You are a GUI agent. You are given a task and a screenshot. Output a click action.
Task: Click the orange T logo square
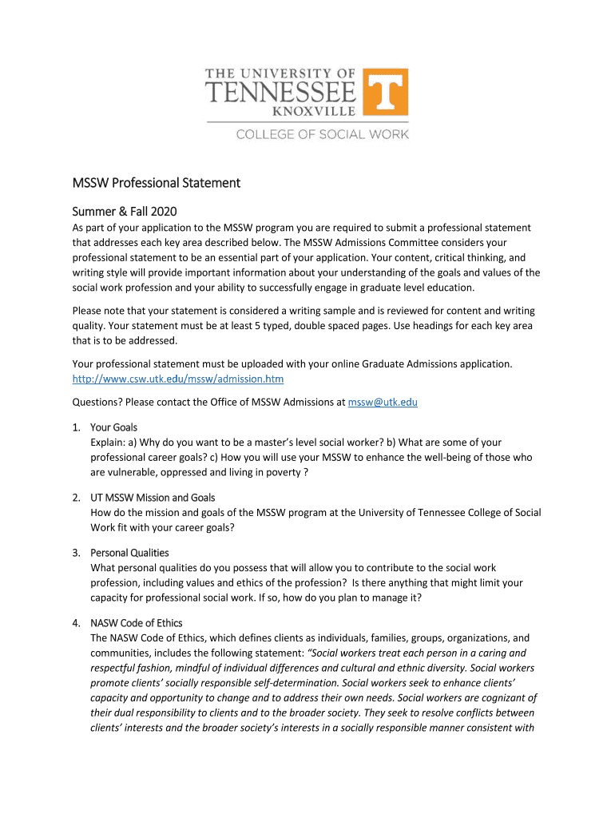(x=386, y=92)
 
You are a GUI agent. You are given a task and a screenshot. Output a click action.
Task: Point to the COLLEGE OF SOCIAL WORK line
(x=322, y=134)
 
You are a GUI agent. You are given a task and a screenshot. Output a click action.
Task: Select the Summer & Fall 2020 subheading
(x=125, y=212)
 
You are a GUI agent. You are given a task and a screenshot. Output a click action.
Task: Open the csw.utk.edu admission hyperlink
(x=178, y=378)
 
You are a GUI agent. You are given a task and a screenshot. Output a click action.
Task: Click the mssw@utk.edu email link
(x=383, y=402)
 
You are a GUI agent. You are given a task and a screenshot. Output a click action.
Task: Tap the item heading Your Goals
(x=113, y=427)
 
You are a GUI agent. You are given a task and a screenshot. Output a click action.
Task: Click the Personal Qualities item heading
(x=129, y=553)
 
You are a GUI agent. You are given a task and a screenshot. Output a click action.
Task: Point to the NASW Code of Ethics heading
(x=137, y=623)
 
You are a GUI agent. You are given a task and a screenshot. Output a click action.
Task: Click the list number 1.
(x=76, y=427)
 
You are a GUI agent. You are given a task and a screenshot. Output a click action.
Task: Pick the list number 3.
(x=76, y=553)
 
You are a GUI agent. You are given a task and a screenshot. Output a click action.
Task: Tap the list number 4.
(x=76, y=623)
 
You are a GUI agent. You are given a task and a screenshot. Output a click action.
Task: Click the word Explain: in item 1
(x=109, y=442)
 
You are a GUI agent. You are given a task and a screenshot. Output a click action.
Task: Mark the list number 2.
(x=76, y=498)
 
